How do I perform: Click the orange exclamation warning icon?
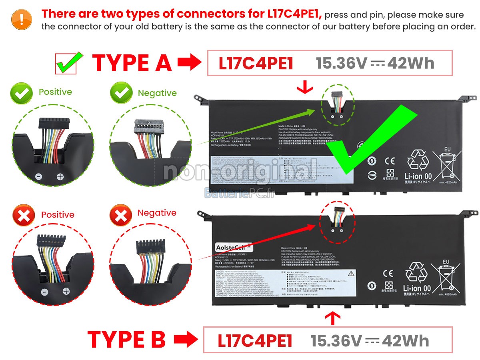[22, 19]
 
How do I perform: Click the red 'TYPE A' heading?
[132, 63]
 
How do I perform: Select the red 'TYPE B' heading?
[126, 340]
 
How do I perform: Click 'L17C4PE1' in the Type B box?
[255, 341]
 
